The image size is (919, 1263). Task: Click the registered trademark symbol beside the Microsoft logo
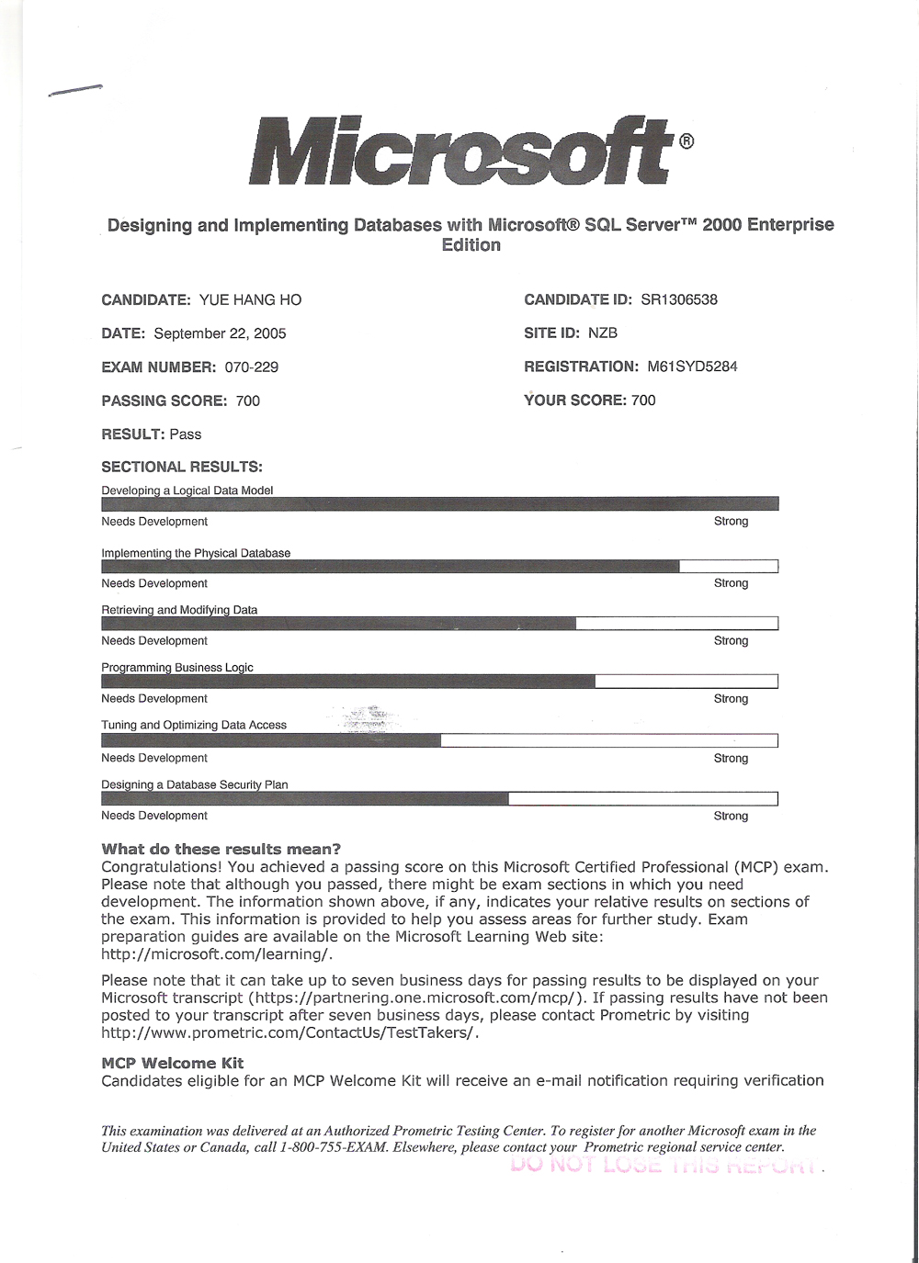(686, 141)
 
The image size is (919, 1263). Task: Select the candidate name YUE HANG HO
(250, 299)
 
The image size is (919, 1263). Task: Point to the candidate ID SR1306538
(678, 299)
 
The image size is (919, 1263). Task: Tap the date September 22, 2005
(220, 333)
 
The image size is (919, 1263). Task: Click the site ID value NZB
(603, 333)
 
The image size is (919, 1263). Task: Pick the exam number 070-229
(251, 367)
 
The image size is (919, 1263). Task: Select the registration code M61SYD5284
(692, 366)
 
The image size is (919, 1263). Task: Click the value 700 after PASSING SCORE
(247, 400)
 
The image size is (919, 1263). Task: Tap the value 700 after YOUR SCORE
(643, 400)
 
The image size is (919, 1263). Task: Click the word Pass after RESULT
(185, 434)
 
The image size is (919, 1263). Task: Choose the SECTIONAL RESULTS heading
(181, 467)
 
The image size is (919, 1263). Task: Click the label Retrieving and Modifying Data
(179, 610)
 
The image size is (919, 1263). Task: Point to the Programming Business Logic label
(177, 668)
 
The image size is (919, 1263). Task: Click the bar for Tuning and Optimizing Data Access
(439, 740)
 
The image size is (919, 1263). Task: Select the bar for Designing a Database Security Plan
(439, 798)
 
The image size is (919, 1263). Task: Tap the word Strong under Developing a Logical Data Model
(731, 521)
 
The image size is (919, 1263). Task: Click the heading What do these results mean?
(221, 849)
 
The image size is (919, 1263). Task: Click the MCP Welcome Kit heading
(172, 1063)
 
